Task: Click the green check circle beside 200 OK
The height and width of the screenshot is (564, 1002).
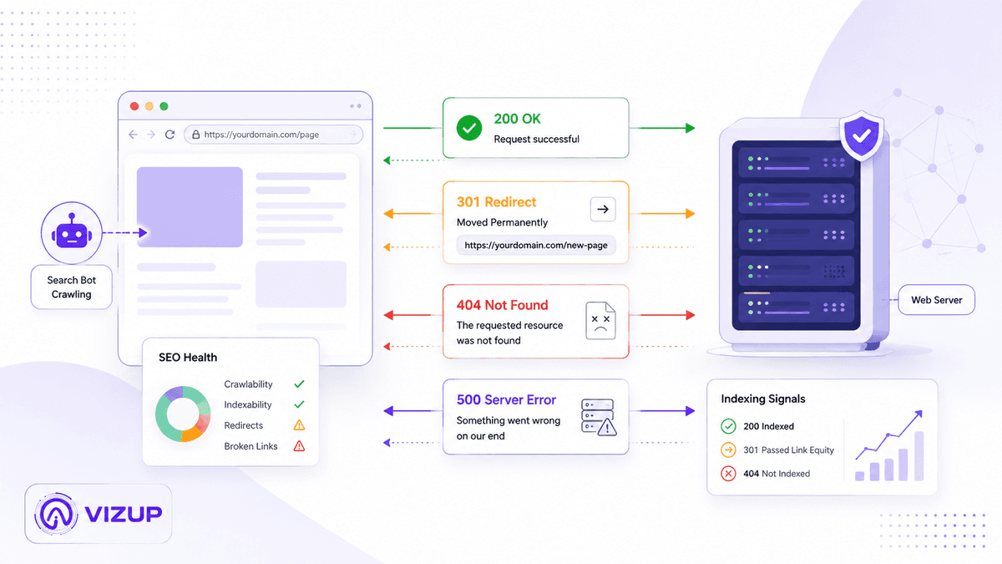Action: click(x=468, y=128)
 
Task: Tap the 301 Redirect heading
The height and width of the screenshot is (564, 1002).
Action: click(x=496, y=202)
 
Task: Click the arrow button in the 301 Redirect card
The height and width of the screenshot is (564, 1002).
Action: click(x=603, y=209)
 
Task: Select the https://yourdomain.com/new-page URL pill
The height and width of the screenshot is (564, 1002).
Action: click(x=536, y=246)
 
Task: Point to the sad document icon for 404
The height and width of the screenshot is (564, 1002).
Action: click(x=600, y=321)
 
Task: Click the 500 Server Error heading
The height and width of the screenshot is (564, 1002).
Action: click(x=506, y=399)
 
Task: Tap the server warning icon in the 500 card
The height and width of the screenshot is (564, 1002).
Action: click(x=599, y=417)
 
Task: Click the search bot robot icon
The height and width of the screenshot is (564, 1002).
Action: click(x=72, y=232)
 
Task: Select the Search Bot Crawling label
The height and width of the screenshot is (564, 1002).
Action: click(x=71, y=287)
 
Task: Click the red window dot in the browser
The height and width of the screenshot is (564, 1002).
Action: click(x=134, y=106)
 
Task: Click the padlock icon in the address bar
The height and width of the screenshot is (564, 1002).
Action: click(x=195, y=135)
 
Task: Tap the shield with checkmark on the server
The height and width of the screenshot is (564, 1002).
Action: click(x=862, y=135)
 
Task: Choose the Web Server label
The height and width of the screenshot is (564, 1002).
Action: click(x=936, y=300)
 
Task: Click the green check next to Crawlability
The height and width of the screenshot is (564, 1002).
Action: click(x=299, y=384)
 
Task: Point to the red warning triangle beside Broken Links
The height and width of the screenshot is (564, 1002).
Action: click(x=299, y=446)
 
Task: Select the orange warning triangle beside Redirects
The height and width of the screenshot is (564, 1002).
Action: click(x=299, y=424)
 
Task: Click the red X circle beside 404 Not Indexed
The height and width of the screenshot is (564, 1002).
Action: click(x=728, y=473)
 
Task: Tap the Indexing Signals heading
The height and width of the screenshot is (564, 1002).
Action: click(x=762, y=399)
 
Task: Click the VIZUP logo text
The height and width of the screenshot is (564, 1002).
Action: click(x=123, y=514)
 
